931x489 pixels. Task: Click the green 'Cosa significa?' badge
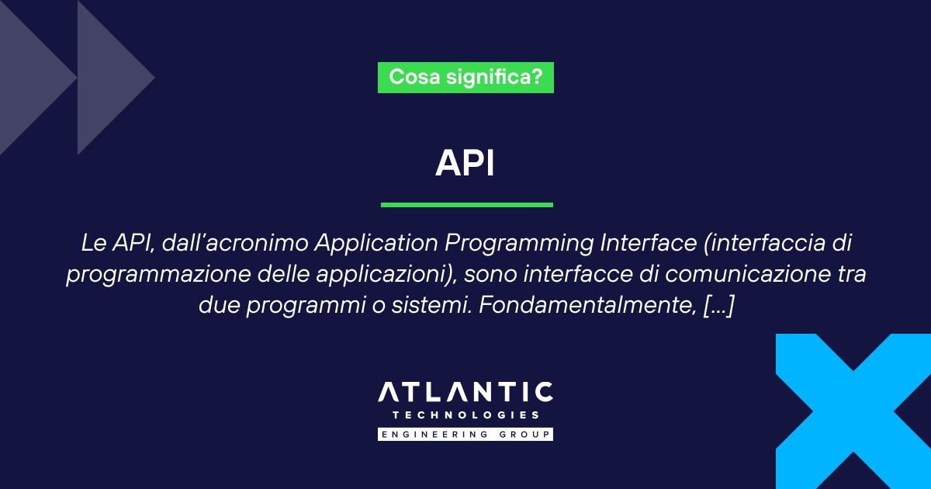(x=465, y=78)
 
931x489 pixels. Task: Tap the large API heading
(x=465, y=163)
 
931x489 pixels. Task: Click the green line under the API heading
(x=466, y=205)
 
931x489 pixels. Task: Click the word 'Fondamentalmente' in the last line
(x=586, y=306)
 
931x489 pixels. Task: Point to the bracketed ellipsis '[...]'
(x=717, y=306)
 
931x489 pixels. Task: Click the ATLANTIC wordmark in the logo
(x=465, y=393)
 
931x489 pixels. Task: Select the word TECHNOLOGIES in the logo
(x=465, y=416)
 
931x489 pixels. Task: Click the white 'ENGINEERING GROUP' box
(x=465, y=434)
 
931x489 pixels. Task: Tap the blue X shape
(x=853, y=411)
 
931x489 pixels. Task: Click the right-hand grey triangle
(x=109, y=78)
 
